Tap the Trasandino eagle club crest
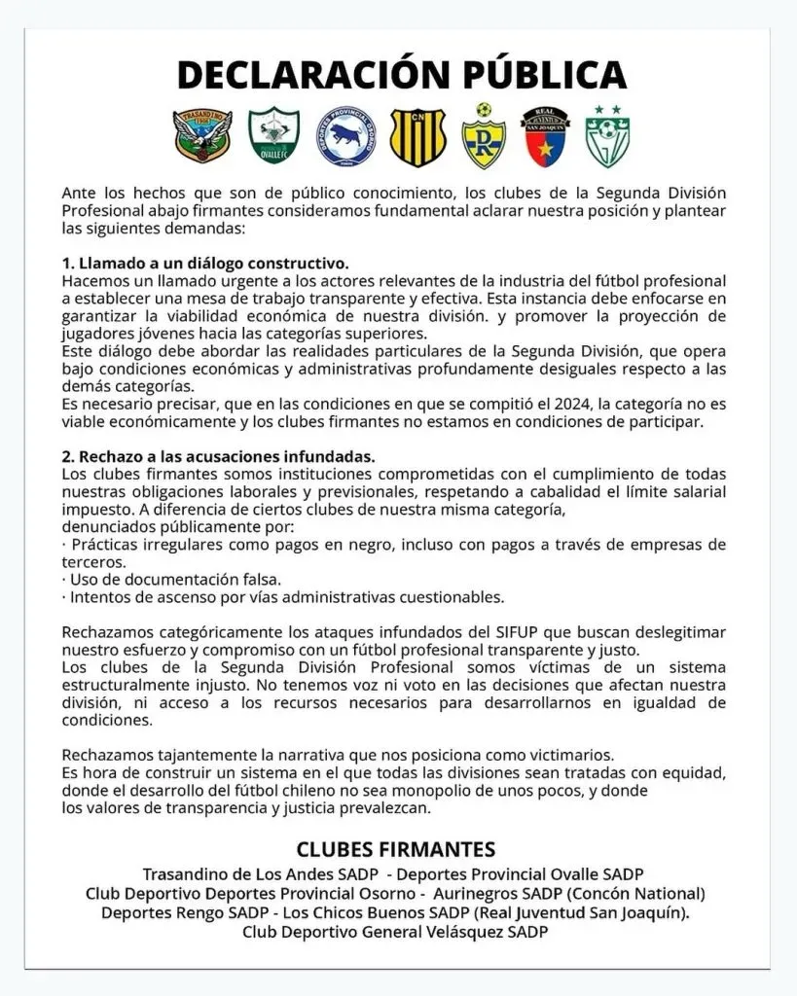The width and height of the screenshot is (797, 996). [x=202, y=137]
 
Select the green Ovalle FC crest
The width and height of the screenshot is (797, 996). [x=273, y=137]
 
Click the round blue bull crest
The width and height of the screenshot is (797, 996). [x=346, y=137]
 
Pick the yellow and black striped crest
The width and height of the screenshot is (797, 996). [x=417, y=137]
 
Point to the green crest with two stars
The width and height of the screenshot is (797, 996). [x=607, y=137]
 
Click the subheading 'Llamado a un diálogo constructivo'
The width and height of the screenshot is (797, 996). [x=204, y=264]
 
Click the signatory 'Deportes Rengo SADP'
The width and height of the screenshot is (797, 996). [x=185, y=912]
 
